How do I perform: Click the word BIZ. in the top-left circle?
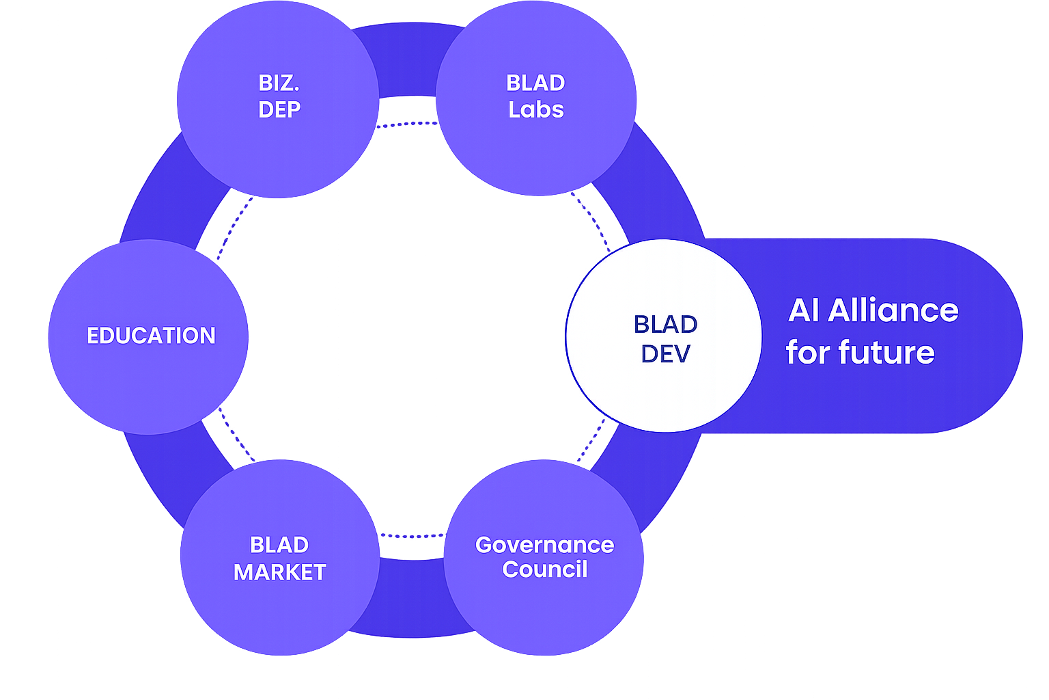pos(279,83)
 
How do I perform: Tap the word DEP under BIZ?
pos(279,109)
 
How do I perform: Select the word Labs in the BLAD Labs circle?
pos(536,109)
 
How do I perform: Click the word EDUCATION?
pos(151,336)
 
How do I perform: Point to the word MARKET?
pos(279,572)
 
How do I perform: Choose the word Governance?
pos(544,545)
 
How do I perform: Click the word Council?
pos(544,569)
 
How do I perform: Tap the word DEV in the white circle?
pos(665,354)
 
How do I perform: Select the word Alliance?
pos(893,310)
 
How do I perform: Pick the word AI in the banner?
pos(804,310)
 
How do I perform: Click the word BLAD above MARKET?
pos(279,545)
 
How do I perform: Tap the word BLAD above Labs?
pos(535,83)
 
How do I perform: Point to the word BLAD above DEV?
pos(665,324)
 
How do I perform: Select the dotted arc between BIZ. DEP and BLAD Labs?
pos(406,124)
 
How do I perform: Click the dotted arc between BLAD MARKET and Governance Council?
pos(412,536)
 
